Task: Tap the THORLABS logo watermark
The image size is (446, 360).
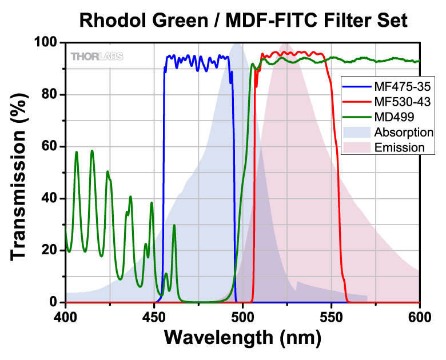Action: pos(97,56)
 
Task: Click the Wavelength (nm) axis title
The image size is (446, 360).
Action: pos(243,337)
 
